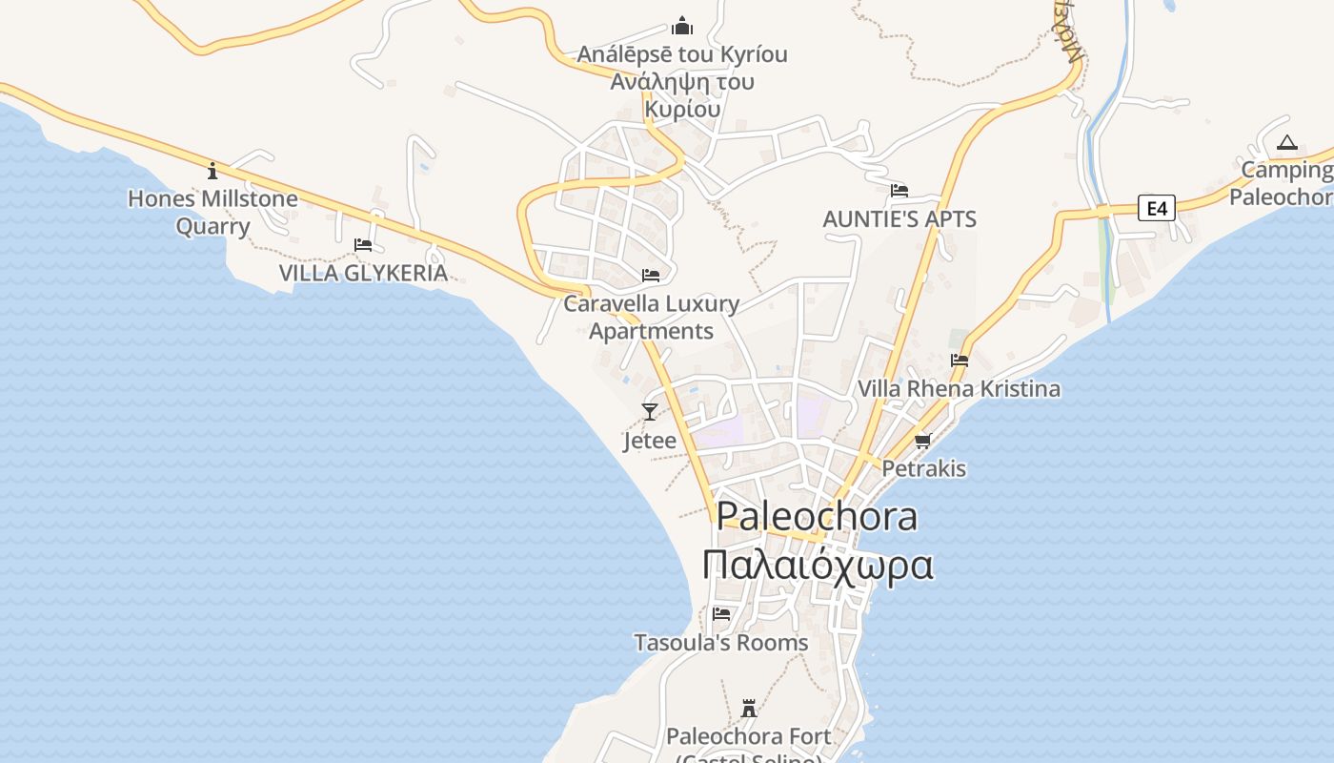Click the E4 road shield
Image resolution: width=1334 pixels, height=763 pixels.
coord(1156,207)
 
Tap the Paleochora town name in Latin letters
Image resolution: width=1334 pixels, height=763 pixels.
coord(817,516)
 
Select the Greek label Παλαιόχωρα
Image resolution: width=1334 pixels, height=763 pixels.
coord(817,564)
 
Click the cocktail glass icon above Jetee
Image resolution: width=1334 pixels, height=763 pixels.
coord(650,412)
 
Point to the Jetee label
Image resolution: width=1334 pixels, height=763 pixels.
coord(650,441)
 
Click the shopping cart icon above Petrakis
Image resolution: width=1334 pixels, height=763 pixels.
coord(922,441)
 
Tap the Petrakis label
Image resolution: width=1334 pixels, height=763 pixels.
coord(923,468)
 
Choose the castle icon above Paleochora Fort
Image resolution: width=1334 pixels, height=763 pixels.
coord(749,709)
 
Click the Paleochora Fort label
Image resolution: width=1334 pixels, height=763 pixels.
coord(749,736)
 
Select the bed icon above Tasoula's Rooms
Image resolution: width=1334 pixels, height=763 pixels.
coord(721,614)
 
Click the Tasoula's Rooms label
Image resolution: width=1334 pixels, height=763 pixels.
coord(721,643)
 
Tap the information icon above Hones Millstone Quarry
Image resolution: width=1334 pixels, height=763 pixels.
coord(212,171)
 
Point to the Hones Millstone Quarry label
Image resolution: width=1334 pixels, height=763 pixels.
coord(212,213)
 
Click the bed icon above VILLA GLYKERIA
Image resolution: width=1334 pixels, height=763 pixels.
coord(363,245)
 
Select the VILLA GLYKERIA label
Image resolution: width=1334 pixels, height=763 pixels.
coord(363,273)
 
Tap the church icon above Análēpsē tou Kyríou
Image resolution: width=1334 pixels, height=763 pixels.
coord(682,26)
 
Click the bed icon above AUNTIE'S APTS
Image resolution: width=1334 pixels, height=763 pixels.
coord(899,191)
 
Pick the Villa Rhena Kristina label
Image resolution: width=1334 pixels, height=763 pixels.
coord(959,388)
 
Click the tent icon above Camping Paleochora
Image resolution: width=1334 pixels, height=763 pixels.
coord(1287,143)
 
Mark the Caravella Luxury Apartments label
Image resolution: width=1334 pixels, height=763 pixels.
coord(652,317)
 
